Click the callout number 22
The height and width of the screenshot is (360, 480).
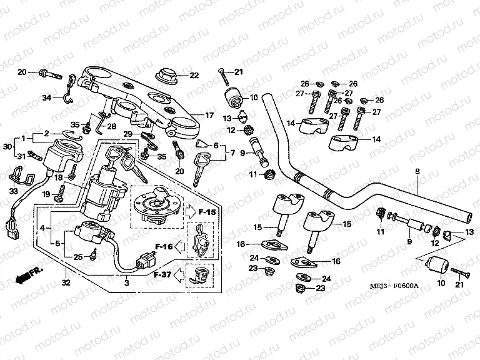pos(194,76)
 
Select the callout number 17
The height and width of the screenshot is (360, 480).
pos(210,116)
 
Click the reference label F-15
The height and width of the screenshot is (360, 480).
pos(207,212)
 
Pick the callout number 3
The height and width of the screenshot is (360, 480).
pos(126,283)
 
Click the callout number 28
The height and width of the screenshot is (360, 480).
pos(111,126)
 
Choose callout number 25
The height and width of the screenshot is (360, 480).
pos(78,257)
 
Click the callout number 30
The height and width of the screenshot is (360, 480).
pos(7,146)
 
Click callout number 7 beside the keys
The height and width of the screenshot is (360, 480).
pos(234,152)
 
